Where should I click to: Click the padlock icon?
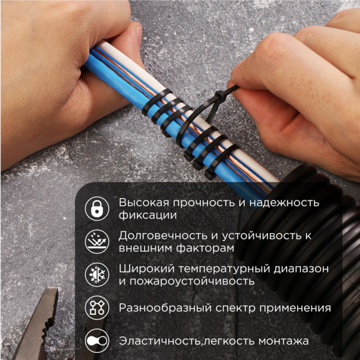point(96,208)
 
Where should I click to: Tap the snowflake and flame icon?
point(96,274)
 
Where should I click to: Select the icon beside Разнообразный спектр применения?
point(96,308)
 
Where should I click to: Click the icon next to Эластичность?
point(96,341)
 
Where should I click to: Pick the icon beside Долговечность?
point(96,241)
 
